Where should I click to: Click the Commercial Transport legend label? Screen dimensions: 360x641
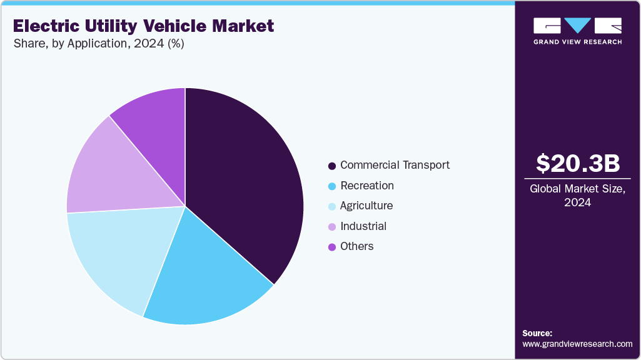[395, 166]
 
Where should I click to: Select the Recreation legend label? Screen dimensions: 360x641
[367, 186]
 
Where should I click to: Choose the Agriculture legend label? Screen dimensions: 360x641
[366, 206]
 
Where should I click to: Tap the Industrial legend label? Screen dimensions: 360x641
[363, 226]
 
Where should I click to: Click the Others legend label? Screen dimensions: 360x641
[357, 246]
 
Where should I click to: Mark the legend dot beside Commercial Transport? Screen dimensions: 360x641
[331, 166]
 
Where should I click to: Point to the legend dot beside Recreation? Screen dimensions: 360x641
[331, 186]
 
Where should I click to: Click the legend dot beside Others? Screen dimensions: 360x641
[331, 247]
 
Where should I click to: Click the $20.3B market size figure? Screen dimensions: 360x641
[578, 164]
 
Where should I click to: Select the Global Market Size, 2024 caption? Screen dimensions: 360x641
[578, 196]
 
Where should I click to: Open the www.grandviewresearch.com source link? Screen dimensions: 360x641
[577, 344]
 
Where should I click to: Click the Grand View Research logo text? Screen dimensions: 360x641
[577, 42]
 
